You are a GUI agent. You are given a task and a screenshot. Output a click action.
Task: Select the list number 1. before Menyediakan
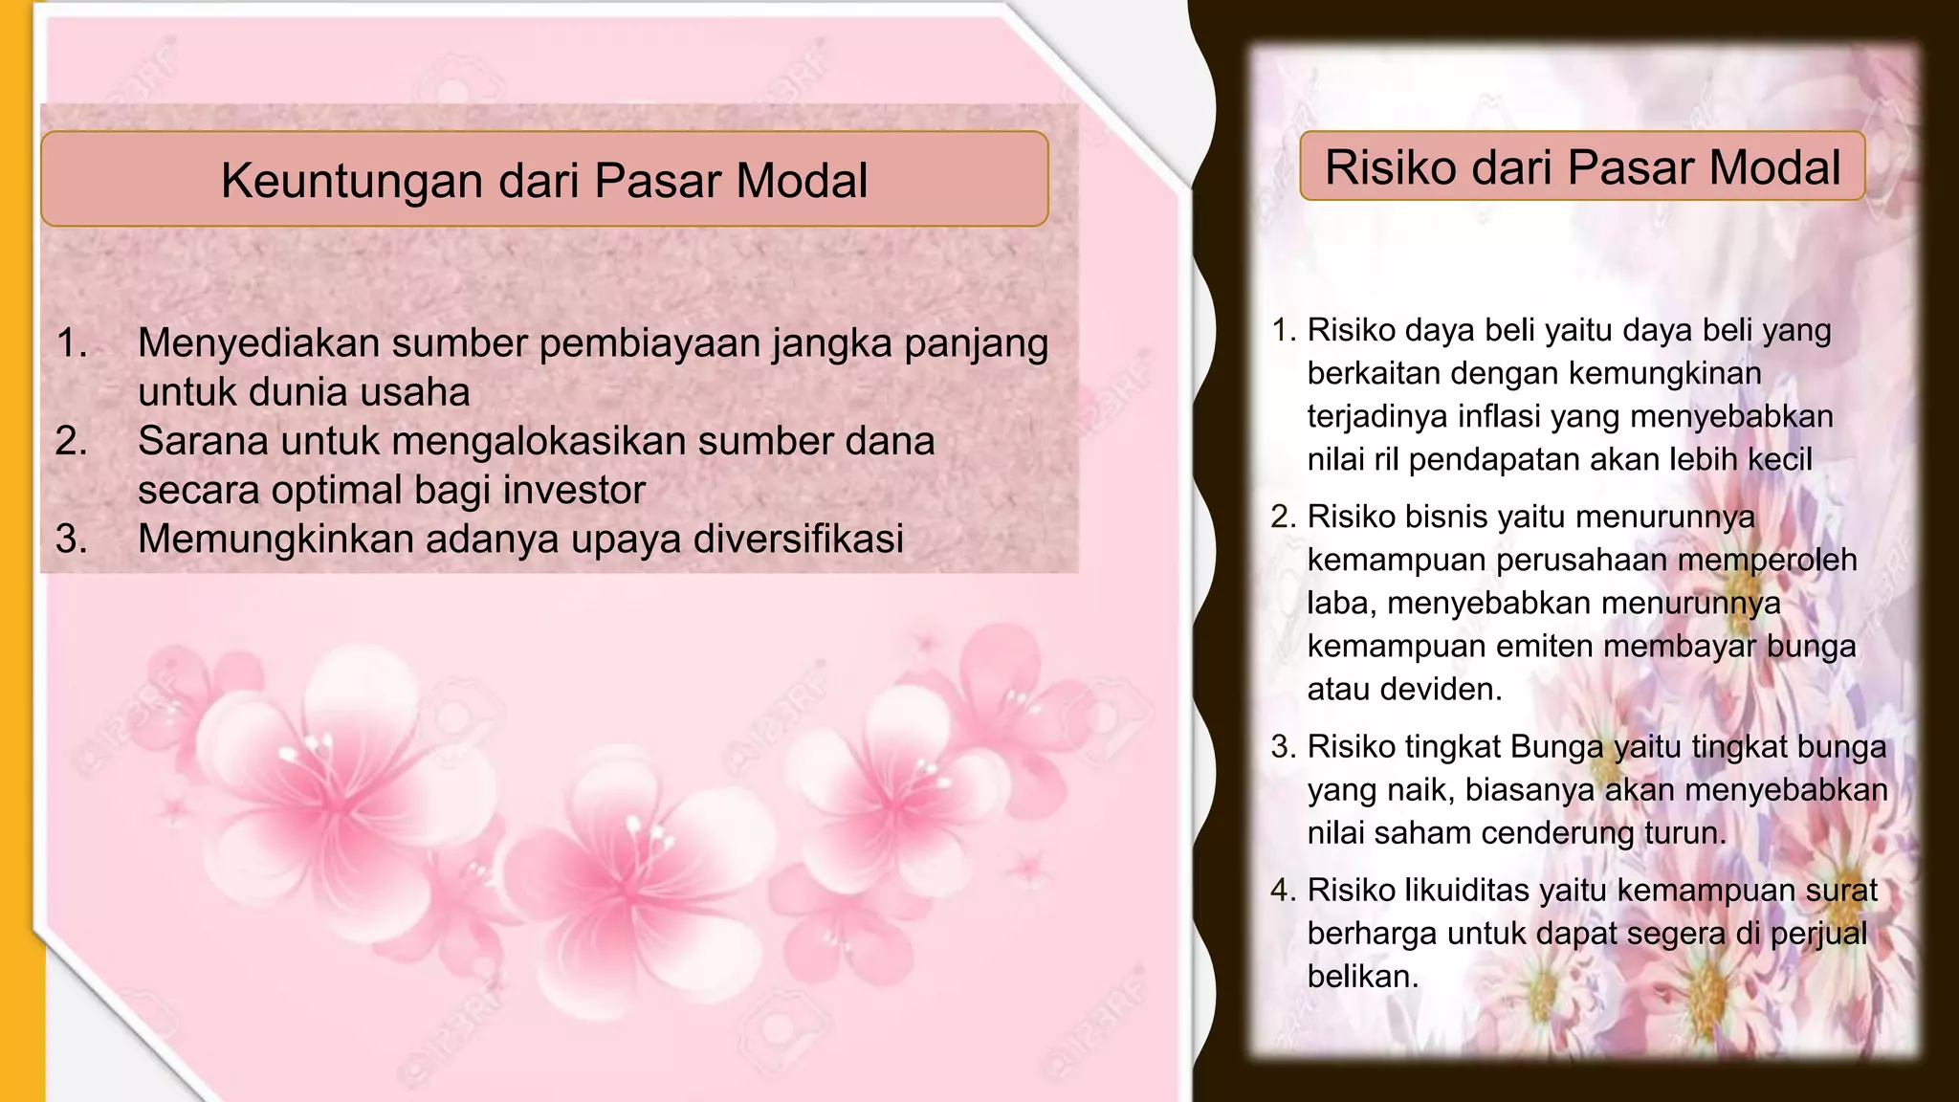pyautogui.click(x=72, y=343)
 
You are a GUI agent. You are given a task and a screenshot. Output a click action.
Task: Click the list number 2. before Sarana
pyautogui.click(x=72, y=441)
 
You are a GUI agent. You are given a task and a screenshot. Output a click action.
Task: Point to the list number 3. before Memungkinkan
pyautogui.click(x=72, y=539)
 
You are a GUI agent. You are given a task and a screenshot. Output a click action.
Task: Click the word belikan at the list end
pyautogui.click(x=1362, y=977)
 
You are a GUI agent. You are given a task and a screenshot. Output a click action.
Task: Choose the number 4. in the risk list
pyautogui.click(x=1283, y=891)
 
